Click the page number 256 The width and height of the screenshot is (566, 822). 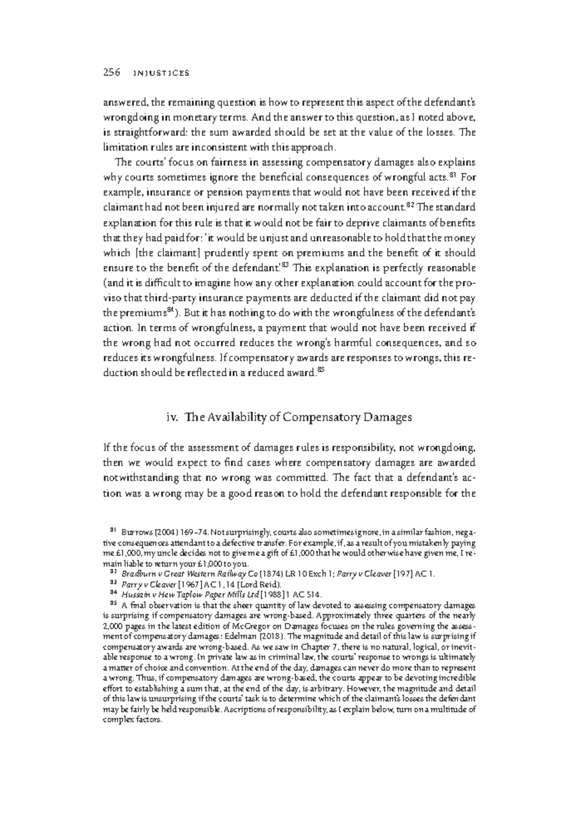(x=111, y=72)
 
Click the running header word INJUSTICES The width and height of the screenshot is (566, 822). (x=161, y=73)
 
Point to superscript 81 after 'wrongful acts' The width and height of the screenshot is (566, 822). (x=452, y=176)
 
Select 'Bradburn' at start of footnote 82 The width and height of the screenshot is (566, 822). (x=136, y=574)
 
